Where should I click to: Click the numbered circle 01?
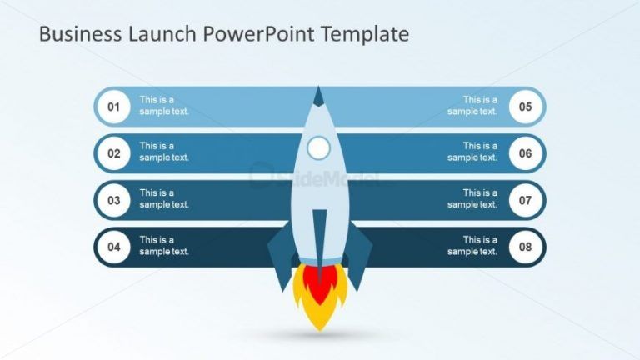point(113,107)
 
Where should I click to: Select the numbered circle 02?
point(113,153)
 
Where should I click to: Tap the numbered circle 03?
point(113,200)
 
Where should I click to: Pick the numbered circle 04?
point(113,247)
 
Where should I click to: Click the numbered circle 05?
point(526,107)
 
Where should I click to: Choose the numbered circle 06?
point(526,153)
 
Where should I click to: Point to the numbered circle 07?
point(526,200)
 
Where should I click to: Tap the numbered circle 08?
point(526,247)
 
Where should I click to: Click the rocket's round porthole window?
point(318,148)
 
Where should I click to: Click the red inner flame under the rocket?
point(318,283)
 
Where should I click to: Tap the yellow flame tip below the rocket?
point(319,321)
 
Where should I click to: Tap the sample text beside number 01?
point(164,106)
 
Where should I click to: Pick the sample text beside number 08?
point(472,246)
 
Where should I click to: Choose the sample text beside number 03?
point(164,199)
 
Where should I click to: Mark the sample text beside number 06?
point(472,152)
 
